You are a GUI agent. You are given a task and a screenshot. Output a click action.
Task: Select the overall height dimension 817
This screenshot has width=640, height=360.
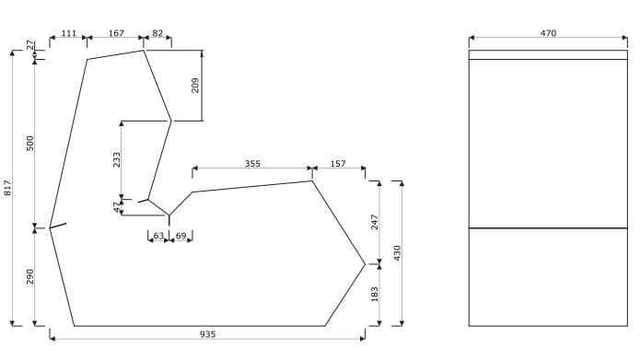click(8, 188)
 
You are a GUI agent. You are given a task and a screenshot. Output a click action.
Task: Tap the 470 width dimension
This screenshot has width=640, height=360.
click(548, 33)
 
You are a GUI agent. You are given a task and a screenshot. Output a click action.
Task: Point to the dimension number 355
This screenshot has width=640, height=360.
click(252, 164)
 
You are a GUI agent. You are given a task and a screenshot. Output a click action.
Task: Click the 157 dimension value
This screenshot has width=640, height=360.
click(338, 164)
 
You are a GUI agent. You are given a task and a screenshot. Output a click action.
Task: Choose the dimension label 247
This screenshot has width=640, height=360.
click(375, 222)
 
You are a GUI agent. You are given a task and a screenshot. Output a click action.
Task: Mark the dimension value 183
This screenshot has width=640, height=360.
click(375, 294)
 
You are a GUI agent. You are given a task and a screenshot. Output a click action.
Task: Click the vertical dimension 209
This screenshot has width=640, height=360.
click(195, 86)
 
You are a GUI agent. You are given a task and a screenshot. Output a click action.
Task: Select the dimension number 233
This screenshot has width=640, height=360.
click(116, 159)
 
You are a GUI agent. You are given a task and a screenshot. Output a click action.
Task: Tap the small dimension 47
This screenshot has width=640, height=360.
click(116, 207)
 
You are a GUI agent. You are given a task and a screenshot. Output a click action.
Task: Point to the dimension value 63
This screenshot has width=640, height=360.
click(158, 237)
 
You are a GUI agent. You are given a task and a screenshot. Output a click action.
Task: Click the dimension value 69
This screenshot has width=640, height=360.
click(180, 237)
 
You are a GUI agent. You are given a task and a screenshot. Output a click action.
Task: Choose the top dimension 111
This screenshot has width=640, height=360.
click(69, 33)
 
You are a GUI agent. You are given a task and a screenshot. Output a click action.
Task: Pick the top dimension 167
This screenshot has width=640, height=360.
click(116, 33)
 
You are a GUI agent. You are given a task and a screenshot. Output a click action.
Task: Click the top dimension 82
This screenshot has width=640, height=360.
click(157, 33)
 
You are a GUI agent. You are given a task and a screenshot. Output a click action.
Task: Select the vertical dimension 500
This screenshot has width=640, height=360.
click(30, 143)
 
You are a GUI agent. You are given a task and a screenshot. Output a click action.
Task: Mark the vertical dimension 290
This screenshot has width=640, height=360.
click(30, 276)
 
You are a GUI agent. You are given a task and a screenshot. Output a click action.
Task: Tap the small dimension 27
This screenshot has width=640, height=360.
click(30, 44)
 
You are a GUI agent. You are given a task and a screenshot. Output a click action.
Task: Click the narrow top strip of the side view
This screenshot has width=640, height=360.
click(548, 55)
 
